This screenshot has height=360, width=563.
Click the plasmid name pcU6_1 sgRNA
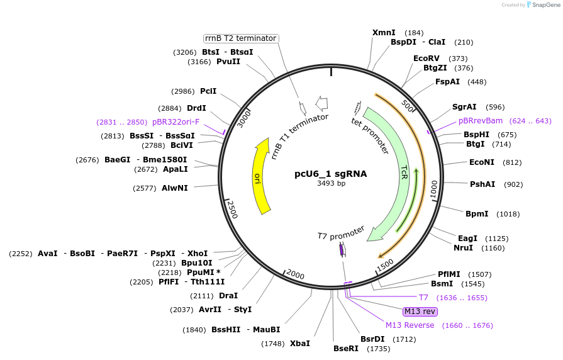331,174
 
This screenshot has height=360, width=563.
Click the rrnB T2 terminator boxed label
241,38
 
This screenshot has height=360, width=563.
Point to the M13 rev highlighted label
420,312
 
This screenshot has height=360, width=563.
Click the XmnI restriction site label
384,33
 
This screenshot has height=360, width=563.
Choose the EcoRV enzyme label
426,59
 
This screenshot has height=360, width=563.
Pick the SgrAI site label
464,107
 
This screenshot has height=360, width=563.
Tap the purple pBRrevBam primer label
481,121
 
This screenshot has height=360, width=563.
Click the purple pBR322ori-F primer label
176,122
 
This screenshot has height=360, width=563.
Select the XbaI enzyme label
300,344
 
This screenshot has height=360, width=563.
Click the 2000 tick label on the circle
296,274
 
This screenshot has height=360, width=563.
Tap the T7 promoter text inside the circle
341,235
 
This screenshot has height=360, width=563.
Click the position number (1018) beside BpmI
508,214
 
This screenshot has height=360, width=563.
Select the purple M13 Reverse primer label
410,325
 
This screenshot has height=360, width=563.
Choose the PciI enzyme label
208,91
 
